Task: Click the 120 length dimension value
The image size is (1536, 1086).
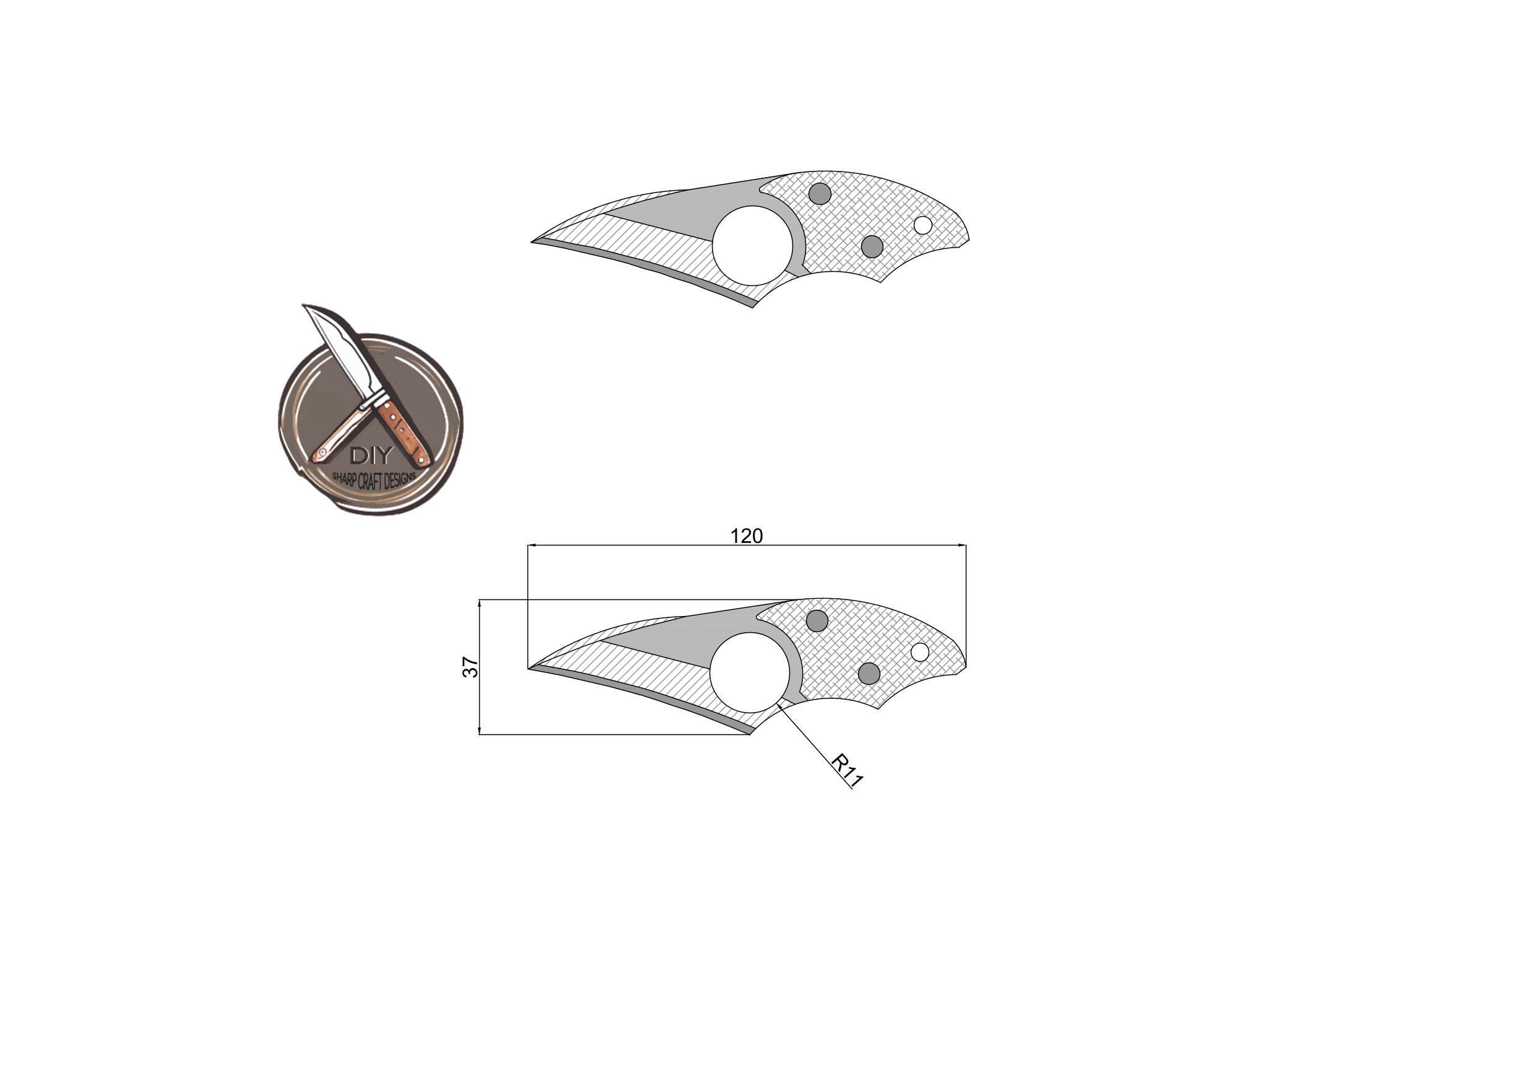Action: pos(746,536)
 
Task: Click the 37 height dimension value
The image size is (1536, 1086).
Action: pos(471,666)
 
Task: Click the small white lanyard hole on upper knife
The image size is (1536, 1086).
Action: pos(922,225)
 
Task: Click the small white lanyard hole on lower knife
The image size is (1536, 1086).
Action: pos(920,652)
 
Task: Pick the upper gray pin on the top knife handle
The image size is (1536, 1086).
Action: pos(820,194)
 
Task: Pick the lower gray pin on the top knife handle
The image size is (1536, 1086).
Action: pos(872,246)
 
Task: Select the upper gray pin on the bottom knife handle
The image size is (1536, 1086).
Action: pos(817,620)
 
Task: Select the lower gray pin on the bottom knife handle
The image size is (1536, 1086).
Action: pos(869,673)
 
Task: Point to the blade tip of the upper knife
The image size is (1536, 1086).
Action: pos(534,241)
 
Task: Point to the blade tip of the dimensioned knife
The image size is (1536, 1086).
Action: pos(531,668)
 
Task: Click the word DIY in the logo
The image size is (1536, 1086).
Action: pos(371,456)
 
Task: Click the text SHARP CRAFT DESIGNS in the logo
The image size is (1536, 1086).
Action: pos(375,479)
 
